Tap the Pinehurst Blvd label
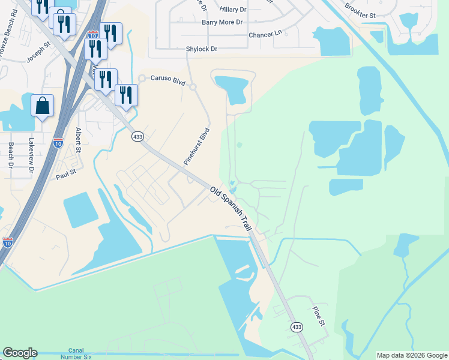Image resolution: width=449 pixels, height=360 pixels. pyautogui.click(x=196, y=146)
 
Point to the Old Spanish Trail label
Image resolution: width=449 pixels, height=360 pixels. pyautogui.click(x=231, y=209)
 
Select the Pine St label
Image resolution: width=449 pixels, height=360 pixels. pyautogui.click(x=318, y=316)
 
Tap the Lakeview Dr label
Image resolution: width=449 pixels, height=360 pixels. pyautogui.click(x=31, y=157)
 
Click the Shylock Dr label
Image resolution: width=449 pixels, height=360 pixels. pyautogui.click(x=202, y=49)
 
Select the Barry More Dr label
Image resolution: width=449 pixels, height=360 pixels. pyautogui.click(x=222, y=22)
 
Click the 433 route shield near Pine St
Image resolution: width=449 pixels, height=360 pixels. pyautogui.click(x=296, y=327)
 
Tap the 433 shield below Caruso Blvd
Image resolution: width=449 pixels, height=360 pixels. pyautogui.click(x=137, y=137)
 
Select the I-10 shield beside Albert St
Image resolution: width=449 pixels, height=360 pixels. pyautogui.click(x=58, y=143)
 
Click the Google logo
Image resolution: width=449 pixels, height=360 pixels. pyautogui.click(x=20, y=353)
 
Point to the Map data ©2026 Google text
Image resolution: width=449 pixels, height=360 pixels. pyautogui.click(x=412, y=355)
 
